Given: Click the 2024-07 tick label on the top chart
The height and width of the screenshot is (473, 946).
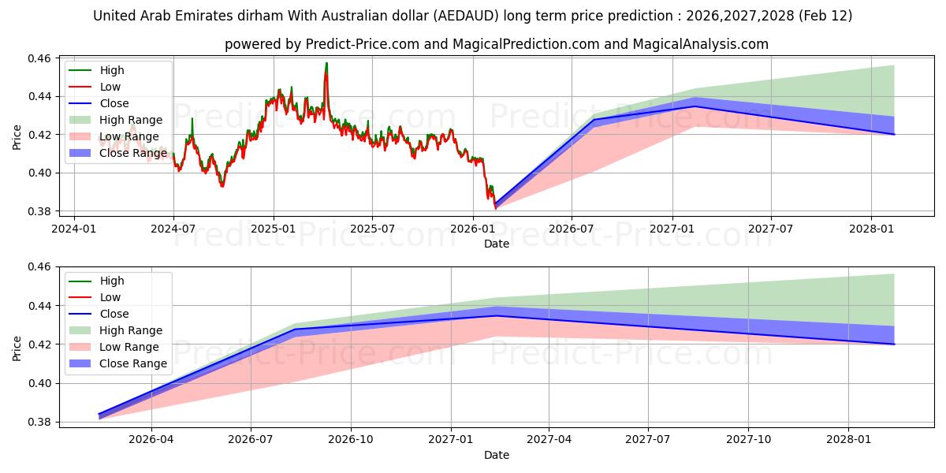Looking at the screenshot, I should [x=173, y=228].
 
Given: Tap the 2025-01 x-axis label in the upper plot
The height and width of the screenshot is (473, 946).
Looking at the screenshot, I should [x=274, y=228].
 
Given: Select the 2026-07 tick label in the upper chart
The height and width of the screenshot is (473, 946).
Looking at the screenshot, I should [x=572, y=228].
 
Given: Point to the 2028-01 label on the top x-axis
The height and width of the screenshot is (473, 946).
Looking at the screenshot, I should [x=871, y=228].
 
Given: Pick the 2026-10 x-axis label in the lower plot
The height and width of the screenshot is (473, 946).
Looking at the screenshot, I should [x=351, y=438].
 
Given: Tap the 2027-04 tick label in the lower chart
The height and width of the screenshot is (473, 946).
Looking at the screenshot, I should [x=549, y=438].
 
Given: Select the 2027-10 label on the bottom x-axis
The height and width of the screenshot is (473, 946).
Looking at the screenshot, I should [x=749, y=438].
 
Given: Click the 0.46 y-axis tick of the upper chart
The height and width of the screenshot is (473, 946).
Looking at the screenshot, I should [x=39, y=58].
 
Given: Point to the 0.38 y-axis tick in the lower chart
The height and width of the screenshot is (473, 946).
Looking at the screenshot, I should [x=39, y=423].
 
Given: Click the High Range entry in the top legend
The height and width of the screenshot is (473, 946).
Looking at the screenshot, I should [x=131, y=120].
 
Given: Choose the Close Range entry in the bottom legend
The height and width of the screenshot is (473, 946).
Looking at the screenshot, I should [x=133, y=363].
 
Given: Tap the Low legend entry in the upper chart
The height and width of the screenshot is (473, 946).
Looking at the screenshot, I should [x=110, y=87].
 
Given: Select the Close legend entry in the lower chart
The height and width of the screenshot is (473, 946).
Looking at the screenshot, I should [x=114, y=314].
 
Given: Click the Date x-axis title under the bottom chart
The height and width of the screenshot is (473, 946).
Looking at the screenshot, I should [x=497, y=455].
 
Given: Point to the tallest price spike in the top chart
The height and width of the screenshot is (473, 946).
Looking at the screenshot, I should [x=326, y=63].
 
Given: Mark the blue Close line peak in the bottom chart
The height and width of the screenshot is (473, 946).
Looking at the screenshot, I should [x=497, y=315].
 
